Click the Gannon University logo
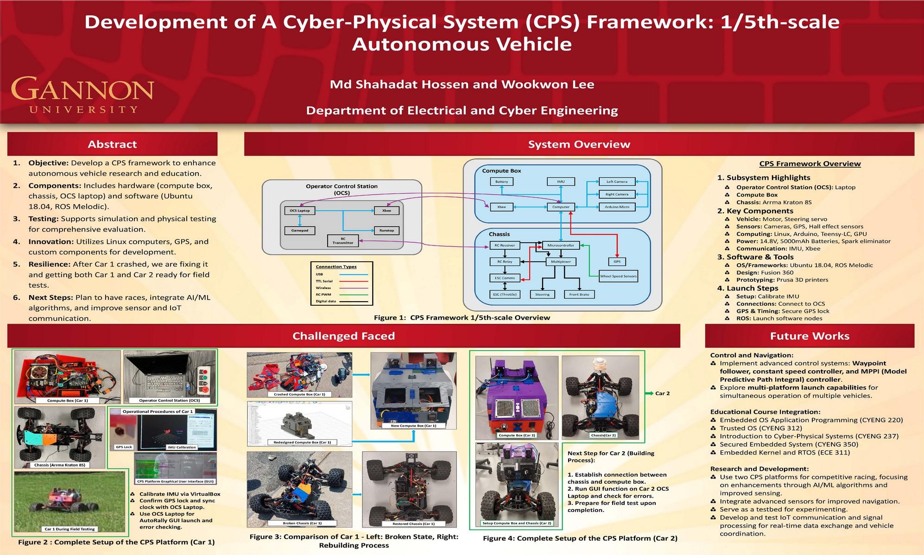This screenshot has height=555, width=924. point(82,95)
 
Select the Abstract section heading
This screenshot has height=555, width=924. point(112,144)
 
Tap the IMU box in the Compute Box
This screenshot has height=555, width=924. point(561,182)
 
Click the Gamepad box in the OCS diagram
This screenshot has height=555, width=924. point(299,230)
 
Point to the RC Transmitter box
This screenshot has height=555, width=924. point(342,241)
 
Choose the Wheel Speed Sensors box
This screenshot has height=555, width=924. point(618,276)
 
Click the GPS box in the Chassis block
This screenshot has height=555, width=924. point(617,262)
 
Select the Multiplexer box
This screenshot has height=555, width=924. point(561,262)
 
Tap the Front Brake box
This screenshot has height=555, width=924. point(579,294)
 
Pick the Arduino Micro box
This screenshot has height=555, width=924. point(617,207)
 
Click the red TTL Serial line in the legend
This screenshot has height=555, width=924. point(354,281)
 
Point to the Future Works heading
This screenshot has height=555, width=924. point(810,336)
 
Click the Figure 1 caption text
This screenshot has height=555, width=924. point(462,318)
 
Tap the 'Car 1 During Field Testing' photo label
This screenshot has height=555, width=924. point(70,529)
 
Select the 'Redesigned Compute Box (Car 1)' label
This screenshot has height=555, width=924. point(302,442)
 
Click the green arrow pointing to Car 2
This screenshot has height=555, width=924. point(649,393)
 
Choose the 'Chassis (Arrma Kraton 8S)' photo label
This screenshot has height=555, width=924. point(60,465)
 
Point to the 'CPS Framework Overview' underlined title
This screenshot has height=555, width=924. point(810,164)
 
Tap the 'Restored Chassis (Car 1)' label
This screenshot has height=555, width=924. point(407,523)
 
